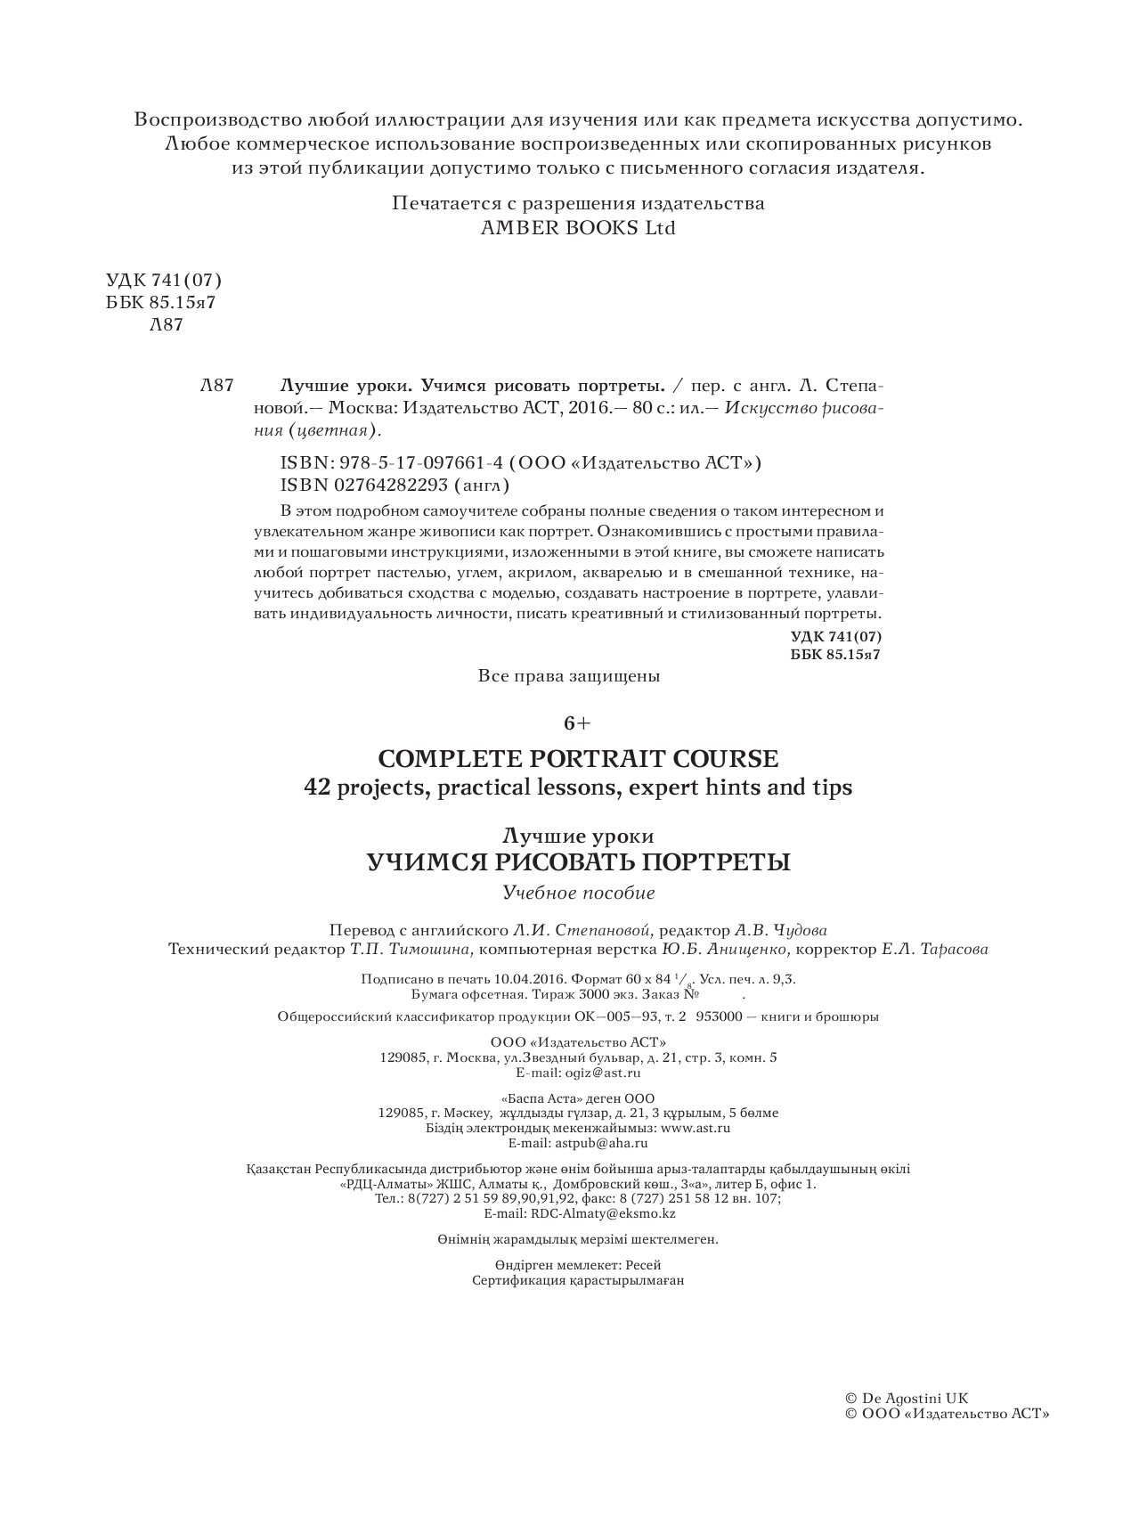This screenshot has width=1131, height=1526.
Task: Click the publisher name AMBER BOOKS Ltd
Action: [x=578, y=228]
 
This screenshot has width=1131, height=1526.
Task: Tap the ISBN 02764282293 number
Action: [x=391, y=486]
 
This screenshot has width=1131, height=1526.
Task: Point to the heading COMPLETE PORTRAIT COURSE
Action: [x=578, y=759]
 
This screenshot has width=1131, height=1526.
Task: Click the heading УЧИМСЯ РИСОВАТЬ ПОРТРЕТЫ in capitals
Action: [x=578, y=862]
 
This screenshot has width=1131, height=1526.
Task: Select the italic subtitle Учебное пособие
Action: [x=578, y=893]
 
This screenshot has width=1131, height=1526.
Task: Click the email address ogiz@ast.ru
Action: [x=605, y=1073]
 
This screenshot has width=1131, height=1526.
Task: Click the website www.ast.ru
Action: [x=696, y=1128]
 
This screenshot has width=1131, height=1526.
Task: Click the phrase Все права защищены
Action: [x=569, y=676]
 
